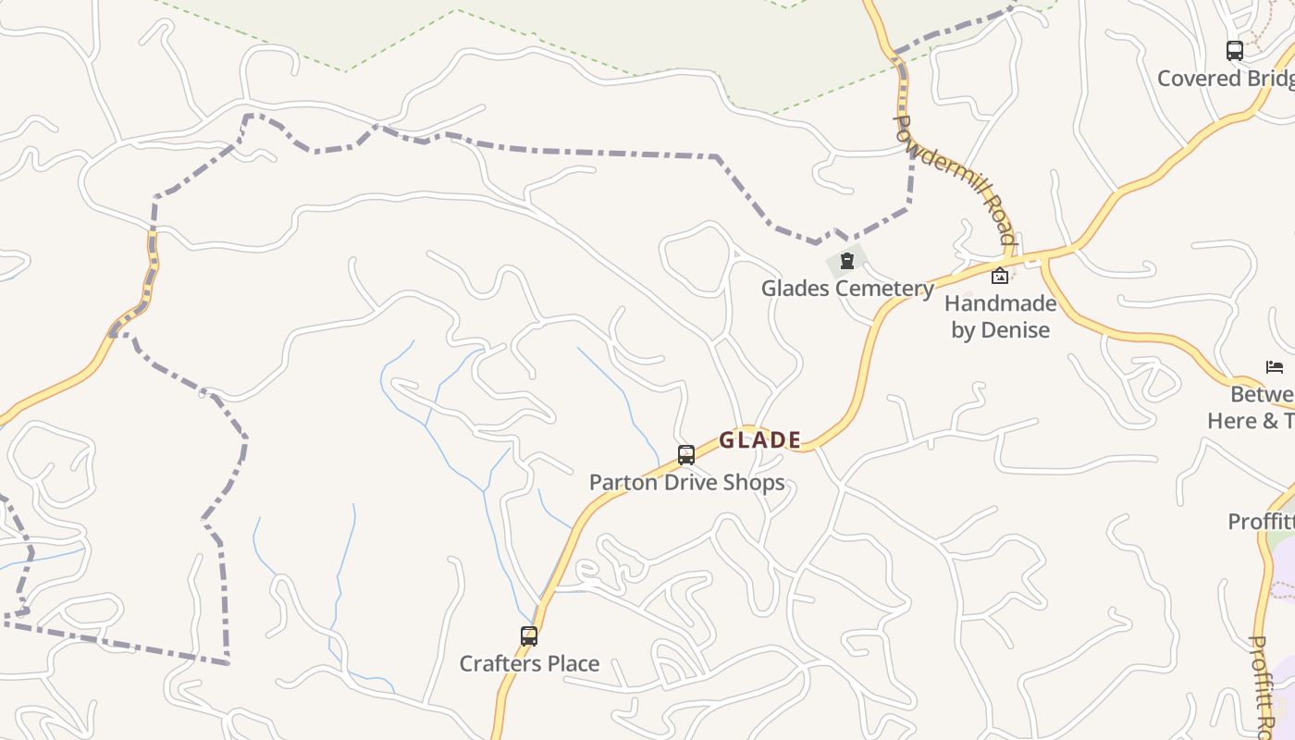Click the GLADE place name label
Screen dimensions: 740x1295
[759, 440]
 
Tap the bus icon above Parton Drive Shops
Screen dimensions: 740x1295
[686, 455]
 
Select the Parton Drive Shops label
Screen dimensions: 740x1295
[686, 483]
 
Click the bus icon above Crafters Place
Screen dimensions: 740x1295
[529, 636]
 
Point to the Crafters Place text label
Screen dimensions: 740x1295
[529, 664]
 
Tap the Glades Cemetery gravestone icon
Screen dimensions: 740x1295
[846, 262]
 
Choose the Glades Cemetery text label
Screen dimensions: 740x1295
[847, 289]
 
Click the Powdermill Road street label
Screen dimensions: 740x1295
[956, 181]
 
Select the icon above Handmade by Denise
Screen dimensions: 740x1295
[999, 276]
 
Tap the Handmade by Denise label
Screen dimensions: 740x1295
[1000, 316]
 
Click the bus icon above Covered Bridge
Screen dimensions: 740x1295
[1234, 51]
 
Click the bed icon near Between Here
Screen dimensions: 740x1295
[1275, 367]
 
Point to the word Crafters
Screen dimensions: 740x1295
[498, 664]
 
